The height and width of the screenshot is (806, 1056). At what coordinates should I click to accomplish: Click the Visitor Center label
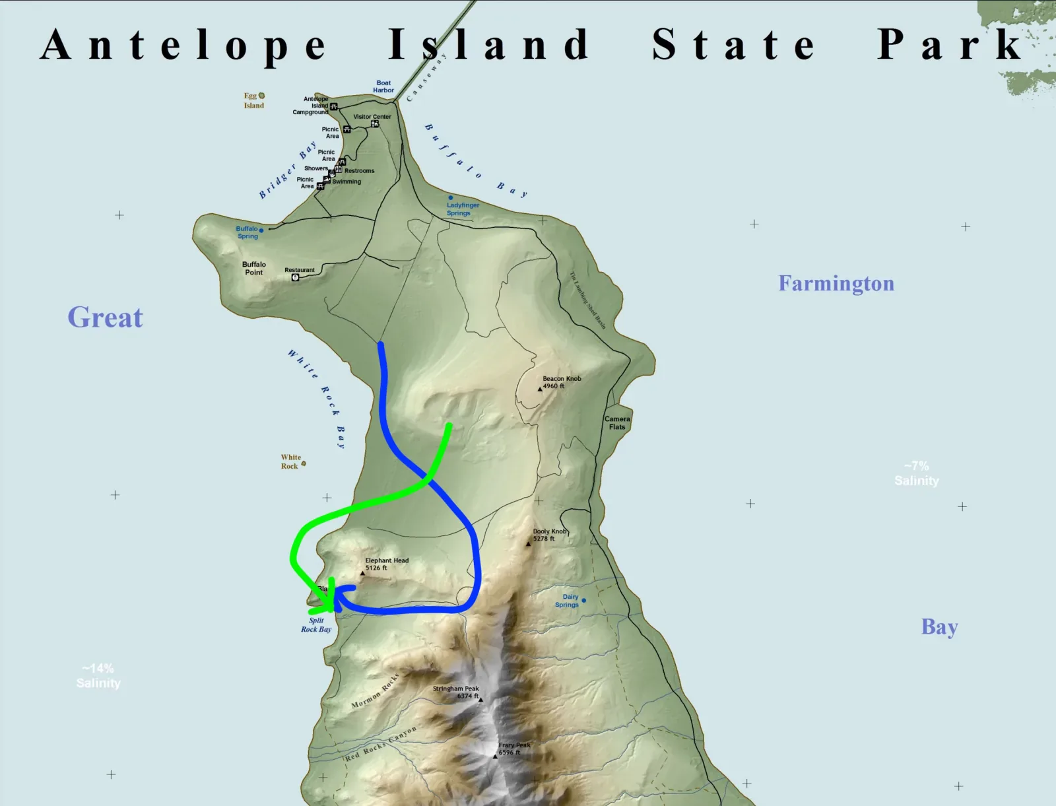click(x=372, y=117)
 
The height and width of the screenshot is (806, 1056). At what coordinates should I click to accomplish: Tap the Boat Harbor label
click(x=383, y=86)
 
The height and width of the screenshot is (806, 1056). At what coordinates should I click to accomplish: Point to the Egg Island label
click(x=253, y=101)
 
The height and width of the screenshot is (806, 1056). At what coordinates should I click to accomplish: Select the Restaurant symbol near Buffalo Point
click(x=296, y=277)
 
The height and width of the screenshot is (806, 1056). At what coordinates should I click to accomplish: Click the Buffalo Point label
click(x=254, y=268)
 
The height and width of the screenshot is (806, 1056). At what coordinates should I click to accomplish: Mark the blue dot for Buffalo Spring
click(x=261, y=230)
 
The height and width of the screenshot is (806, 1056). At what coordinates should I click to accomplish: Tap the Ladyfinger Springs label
click(x=463, y=209)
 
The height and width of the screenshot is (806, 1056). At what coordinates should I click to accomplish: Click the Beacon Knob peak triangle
click(x=540, y=389)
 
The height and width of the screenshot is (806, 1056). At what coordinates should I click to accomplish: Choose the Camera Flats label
click(x=617, y=422)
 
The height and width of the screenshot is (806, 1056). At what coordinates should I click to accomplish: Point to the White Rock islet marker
click(x=304, y=463)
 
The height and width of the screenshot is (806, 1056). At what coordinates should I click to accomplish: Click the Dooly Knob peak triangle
click(x=528, y=544)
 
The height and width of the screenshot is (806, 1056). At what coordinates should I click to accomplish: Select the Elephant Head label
click(x=387, y=564)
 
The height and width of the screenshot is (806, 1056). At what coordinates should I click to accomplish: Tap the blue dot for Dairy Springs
click(x=583, y=601)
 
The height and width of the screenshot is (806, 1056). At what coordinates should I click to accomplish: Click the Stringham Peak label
click(x=456, y=692)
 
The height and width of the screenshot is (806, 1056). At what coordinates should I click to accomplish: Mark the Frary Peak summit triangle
click(x=495, y=756)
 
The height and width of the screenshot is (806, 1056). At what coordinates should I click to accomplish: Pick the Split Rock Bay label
click(x=316, y=625)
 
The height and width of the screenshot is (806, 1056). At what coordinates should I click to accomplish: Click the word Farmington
click(x=836, y=284)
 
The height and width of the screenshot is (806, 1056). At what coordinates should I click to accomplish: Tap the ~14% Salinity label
click(x=98, y=676)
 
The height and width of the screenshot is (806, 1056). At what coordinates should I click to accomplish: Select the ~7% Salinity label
click(x=916, y=473)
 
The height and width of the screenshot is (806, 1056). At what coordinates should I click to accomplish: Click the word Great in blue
click(x=105, y=318)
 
